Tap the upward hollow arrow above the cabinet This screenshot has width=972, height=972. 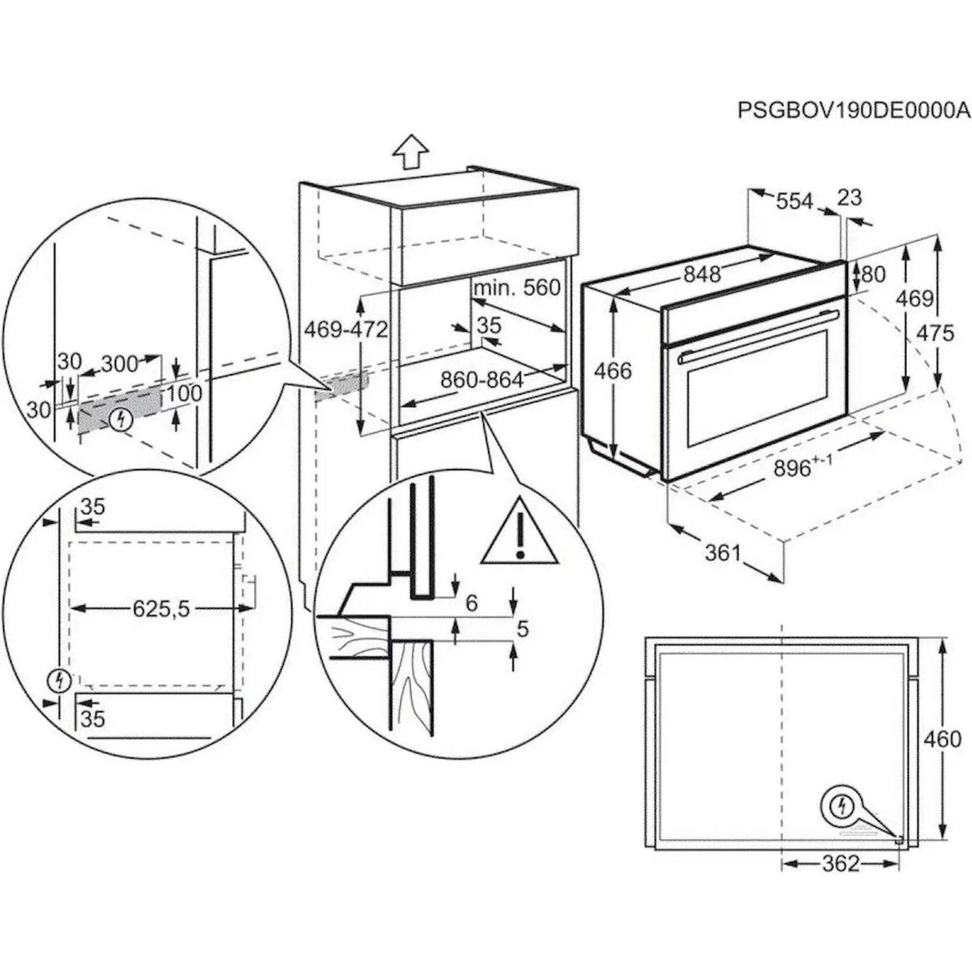411,152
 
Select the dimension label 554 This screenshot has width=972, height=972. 794,201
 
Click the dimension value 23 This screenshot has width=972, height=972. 850,198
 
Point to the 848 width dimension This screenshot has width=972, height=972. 702,274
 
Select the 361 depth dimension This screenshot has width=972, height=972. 723,553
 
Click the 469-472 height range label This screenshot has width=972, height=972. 347,330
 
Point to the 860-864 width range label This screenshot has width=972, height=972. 482,380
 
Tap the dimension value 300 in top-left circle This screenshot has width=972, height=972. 119,363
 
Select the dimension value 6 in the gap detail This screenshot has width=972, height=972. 471,603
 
